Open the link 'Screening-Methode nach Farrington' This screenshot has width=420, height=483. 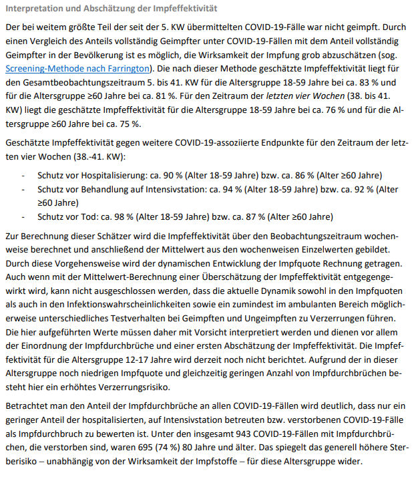[77, 68]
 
